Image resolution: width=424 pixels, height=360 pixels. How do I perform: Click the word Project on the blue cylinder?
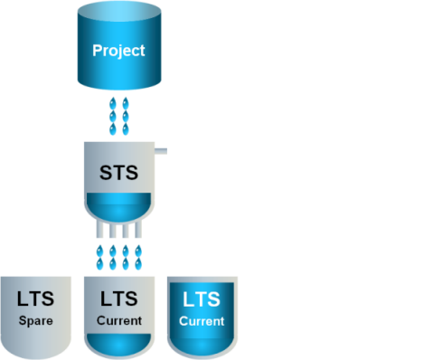[x=118, y=51]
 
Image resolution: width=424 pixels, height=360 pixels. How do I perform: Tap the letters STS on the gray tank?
[x=119, y=173]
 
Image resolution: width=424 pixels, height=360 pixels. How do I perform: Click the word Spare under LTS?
[x=36, y=321]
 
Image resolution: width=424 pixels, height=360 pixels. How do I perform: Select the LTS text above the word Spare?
[x=35, y=298]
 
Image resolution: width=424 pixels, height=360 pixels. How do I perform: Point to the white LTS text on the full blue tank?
[x=202, y=299]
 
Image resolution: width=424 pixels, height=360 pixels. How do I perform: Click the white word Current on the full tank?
[x=202, y=321]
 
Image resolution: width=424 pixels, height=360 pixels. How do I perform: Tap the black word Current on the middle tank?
[x=119, y=320]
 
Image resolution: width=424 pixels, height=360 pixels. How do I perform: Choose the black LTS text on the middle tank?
[x=119, y=298]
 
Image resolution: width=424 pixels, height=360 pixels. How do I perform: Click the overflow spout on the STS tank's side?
[x=161, y=151]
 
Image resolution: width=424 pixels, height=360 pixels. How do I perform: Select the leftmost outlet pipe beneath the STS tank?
[x=99, y=230]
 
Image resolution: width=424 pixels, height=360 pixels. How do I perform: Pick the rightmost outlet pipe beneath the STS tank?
[x=138, y=230]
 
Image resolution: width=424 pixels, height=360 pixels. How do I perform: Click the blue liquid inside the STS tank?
[x=119, y=207]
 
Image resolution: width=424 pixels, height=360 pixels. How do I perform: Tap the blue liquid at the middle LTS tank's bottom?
[x=119, y=345]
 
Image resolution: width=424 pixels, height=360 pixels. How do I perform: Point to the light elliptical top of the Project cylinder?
[x=119, y=12]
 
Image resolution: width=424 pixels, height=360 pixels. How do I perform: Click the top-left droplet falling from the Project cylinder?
[x=113, y=103]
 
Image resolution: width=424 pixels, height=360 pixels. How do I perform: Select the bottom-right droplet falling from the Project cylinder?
[x=126, y=129]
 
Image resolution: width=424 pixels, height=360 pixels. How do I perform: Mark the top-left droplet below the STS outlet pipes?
[x=99, y=251]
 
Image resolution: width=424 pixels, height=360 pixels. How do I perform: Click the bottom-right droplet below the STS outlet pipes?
[x=138, y=264]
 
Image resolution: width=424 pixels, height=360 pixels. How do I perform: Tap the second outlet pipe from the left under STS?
[x=113, y=230]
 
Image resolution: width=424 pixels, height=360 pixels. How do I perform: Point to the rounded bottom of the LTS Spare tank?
[x=36, y=350]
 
